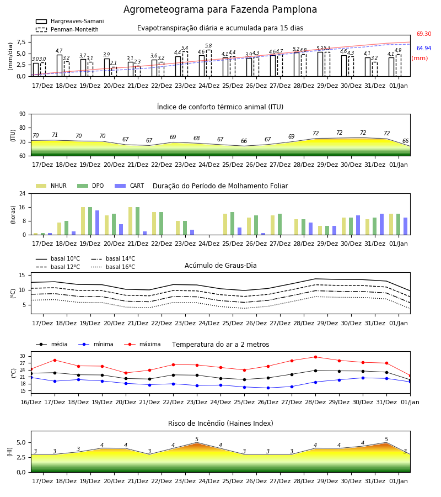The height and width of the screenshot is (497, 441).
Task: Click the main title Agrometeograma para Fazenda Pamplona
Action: pos(220,9)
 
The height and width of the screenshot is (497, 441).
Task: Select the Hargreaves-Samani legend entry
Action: pos(70,21)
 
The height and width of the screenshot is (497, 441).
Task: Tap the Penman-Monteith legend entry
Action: pos(67,29)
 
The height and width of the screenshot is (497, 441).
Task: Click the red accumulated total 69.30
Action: pos(424,34)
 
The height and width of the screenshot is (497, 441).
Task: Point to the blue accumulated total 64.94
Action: pos(424,48)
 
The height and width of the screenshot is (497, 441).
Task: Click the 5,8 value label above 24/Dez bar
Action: pos(208,46)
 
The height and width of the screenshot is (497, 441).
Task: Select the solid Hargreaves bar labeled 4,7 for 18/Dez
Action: pos(60,66)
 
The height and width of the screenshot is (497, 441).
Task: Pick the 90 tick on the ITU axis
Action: pos(23,114)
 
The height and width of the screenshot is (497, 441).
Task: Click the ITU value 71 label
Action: pos(55,135)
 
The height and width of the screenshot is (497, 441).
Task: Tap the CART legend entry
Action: pos(130,186)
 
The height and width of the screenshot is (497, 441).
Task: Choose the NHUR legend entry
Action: pos(51,186)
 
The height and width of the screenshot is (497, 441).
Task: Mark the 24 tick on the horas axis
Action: pos(23,193)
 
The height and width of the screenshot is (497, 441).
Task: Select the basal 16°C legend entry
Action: pos(113,267)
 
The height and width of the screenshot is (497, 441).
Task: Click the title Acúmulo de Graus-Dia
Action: pos(220,266)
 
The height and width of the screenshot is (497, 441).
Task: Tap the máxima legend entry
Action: pos(142,344)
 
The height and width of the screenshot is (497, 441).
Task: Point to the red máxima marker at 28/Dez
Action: pos(315,357)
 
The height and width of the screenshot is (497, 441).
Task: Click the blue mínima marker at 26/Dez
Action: pos(268,388)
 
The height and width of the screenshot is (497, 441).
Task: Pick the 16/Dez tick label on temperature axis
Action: pos(31,402)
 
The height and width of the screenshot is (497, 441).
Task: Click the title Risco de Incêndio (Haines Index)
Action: pos(220,424)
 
